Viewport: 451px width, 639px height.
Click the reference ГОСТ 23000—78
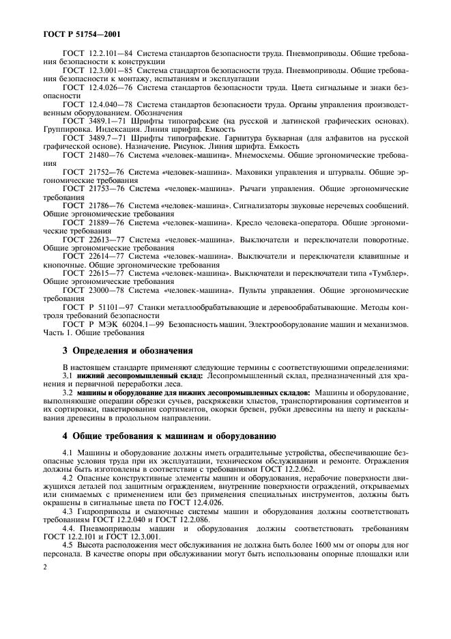(92, 290)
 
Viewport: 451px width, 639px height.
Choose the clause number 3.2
(68, 393)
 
